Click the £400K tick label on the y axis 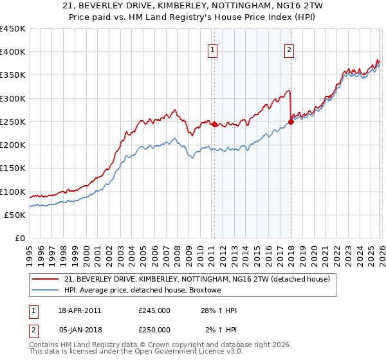[x=13, y=52]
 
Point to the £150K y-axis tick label [x=13, y=168]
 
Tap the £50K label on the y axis [x=15, y=215]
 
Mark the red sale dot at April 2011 [x=214, y=125]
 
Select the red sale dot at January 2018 [x=291, y=122]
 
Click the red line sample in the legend [x=46, y=280]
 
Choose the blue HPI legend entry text [x=142, y=291]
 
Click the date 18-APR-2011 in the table [x=79, y=310]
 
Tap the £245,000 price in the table [x=154, y=310]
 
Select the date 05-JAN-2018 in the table [x=79, y=330]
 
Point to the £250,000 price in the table [x=154, y=330]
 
